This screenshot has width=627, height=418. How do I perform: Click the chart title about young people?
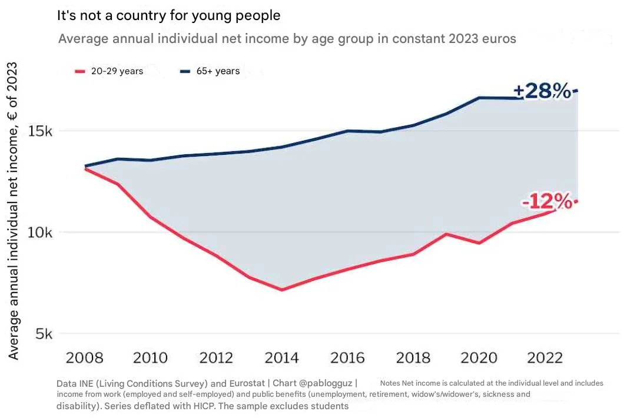(x=168, y=16)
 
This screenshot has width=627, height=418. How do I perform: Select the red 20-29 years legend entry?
(x=110, y=71)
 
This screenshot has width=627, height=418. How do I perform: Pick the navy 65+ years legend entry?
(x=210, y=71)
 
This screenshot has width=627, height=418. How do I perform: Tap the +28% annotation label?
(x=542, y=91)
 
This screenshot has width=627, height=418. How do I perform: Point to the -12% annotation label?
(x=547, y=202)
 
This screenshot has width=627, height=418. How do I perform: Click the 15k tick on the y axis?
(x=41, y=131)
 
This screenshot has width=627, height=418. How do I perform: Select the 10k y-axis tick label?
(x=41, y=232)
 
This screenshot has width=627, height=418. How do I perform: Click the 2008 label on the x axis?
(x=84, y=358)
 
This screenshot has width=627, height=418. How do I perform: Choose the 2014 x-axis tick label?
(x=281, y=358)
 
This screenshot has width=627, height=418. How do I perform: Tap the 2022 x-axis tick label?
(x=544, y=358)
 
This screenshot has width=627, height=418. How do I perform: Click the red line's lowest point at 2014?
(x=283, y=290)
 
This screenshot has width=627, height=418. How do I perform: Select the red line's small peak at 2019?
(x=447, y=234)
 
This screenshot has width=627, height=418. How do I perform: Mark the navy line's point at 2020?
(x=479, y=98)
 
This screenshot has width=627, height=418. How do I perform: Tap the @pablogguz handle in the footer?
(x=326, y=383)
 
